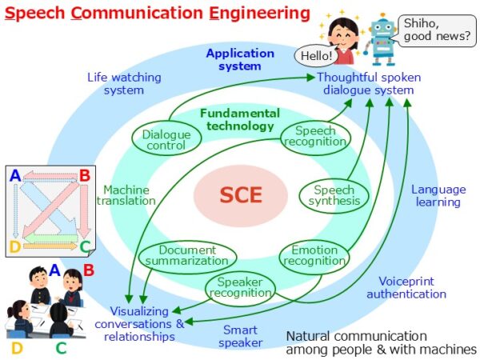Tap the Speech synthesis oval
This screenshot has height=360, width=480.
click(333, 195)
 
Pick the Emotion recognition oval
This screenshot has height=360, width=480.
click(314, 255)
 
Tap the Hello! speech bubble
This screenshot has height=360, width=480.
click(314, 56)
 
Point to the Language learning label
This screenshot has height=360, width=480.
click(438, 195)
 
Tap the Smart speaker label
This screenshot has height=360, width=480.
click(242, 336)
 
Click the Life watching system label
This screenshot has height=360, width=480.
click(123, 83)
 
